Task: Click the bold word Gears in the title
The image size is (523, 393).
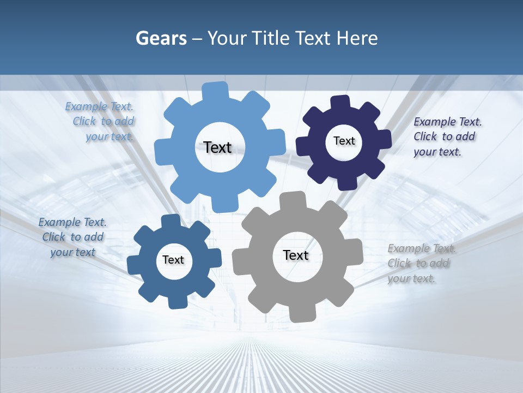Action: pyautogui.click(x=161, y=38)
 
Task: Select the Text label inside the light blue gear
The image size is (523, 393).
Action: pyautogui.click(x=217, y=147)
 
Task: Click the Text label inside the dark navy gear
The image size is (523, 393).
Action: pyautogui.click(x=344, y=141)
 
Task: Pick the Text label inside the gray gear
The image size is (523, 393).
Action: pyautogui.click(x=296, y=255)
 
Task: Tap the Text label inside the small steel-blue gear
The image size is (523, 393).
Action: pyautogui.click(x=173, y=260)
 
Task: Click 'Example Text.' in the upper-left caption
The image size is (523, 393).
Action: pyautogui.click(x=99, y=106)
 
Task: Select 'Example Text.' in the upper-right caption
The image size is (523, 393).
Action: pyautogui.click(x=448, y=122)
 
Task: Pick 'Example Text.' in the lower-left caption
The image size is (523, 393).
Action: pyautogui.click(x=72, y=222)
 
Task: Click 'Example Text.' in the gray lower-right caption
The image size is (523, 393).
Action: pyautogui.click(x=422, y=249)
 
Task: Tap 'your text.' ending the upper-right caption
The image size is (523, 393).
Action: pyautogui.click(x=437, y=152)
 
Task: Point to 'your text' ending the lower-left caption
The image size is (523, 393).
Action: pyautogui.click(x=73, y=252)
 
